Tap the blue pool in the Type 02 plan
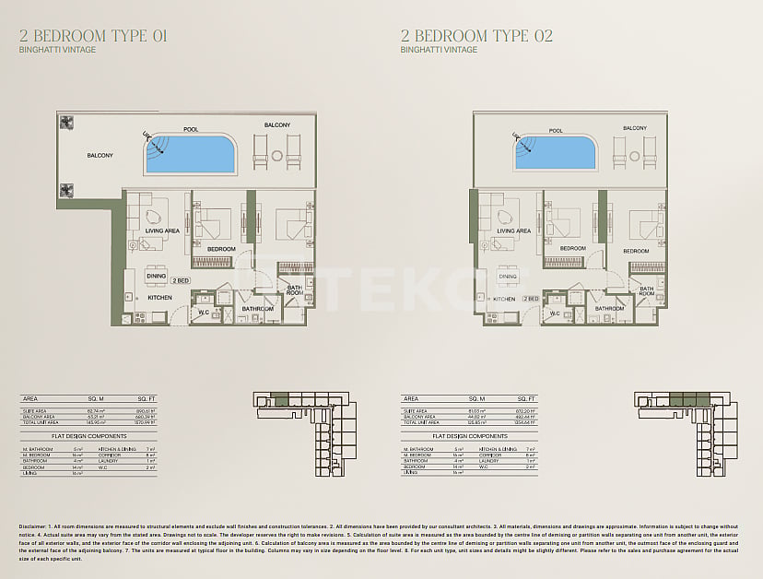coord(555,154)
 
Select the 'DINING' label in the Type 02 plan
coord(508,276)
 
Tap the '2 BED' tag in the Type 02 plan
coord(531,299)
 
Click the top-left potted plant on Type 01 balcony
coord(66,122)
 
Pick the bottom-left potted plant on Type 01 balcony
coord(66,191)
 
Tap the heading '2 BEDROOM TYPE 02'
coord(476,36)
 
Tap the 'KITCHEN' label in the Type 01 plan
coord(160,298)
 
